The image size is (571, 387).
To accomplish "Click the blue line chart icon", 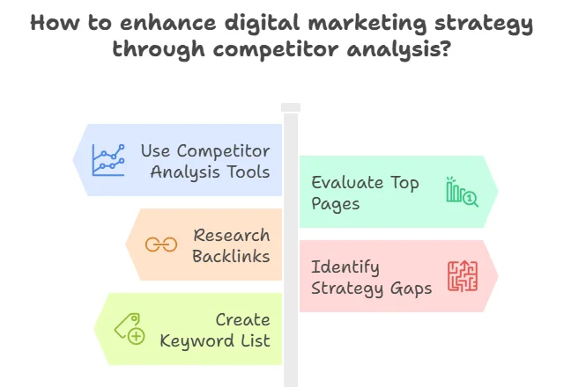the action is click(108, 160).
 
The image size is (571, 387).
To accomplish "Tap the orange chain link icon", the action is click(161, 245).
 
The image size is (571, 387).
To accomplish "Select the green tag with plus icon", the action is click(130, 329).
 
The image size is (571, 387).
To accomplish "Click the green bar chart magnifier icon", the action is click(462, 192).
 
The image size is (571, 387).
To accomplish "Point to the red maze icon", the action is click(463, 276).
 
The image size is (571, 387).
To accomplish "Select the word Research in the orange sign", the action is click(232, 236).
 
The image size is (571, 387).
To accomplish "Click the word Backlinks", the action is click(231, 256).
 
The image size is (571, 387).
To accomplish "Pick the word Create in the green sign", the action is click(243, 320).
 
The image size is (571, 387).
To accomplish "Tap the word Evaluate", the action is click(347, 182).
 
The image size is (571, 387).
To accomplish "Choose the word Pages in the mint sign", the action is click(336, 204).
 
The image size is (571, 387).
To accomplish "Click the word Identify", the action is click(345, 267).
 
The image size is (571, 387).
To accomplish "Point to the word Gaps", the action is click(412, 289).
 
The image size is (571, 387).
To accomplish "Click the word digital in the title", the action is click(262, 24).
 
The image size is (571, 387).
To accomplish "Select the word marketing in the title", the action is click(367, 24).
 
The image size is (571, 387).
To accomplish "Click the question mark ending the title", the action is click(446, 48).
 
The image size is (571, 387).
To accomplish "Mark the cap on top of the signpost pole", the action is click(291, 107).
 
